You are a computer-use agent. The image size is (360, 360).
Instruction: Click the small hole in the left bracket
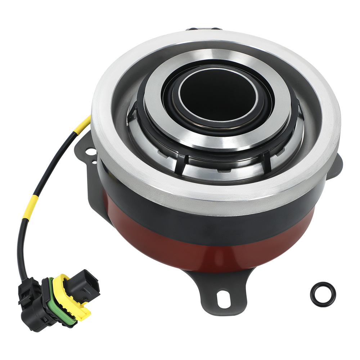[x=94, y=163]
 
